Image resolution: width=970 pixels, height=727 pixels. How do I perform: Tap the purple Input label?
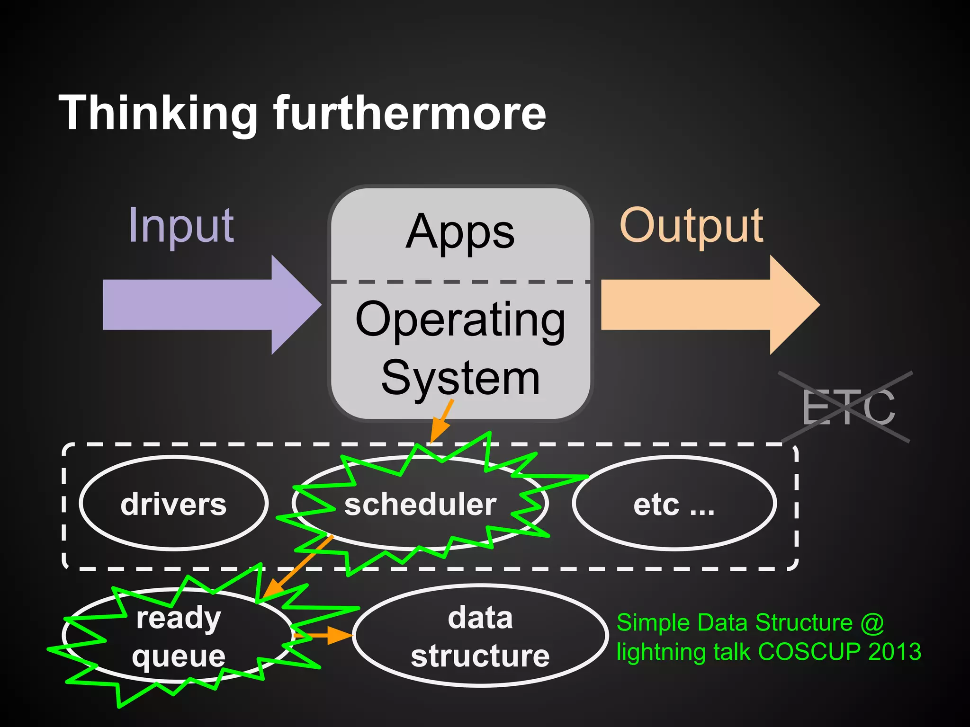pyautogui.click(x=181, y=226)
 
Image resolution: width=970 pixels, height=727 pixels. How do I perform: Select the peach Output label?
pyautogui.click(x=691, y=226)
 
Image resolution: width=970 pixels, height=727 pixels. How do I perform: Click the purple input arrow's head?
pyautogui.click(x=294, y=304)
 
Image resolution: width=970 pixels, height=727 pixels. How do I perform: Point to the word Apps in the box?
pyautogui.click(x=460, y=232)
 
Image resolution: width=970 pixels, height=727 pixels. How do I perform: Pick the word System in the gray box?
pyautogui.click(x=460, y=377)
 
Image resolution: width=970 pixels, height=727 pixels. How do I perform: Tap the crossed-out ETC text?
pyautogui.click(x=848, y=408)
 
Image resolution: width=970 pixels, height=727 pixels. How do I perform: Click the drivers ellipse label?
pyautogui.click(x=173, y=504)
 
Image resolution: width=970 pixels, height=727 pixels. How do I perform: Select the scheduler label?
pyautogui.click(x=420, y=504)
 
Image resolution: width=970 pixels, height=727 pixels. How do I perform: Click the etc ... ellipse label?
pyautogui.click(x=674, y=504)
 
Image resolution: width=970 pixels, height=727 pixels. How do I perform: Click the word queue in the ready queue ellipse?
pyautogui.click(x=179, y=656)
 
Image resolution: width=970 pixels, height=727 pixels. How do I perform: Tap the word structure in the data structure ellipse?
pyautogui.click(x=480, y=656)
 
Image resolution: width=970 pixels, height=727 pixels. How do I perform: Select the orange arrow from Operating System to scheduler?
pyautogui.click(x=441, y=421)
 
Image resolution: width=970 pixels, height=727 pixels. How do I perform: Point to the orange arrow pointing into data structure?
pyautogui.click(x=327, y=636)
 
